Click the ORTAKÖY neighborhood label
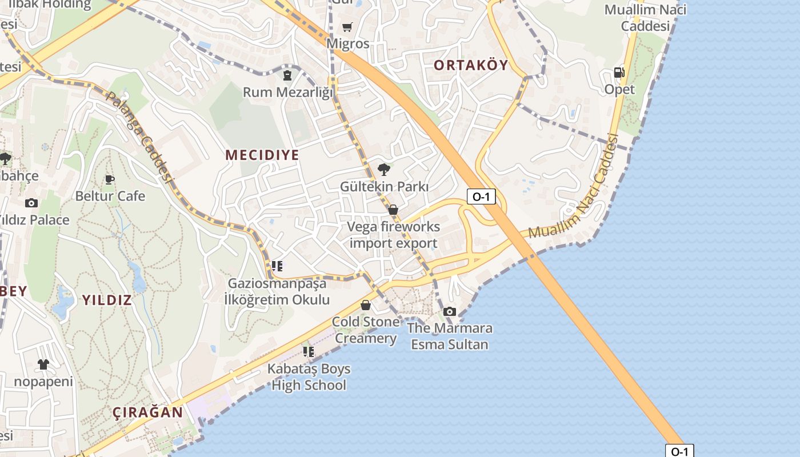click(471, 65)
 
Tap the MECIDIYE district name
click(262, 155)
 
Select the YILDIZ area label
click(107, 300)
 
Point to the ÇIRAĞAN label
click(147, 412)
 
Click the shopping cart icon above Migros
click(347, 27)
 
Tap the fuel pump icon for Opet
click(619, 73)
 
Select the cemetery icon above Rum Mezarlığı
click(287, 75)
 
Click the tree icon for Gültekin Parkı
click(384, 170)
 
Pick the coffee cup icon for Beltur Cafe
click(110, 179)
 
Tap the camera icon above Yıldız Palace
click(31, 203)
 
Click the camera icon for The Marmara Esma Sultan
click(450, 311)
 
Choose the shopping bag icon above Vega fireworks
click(393, 210)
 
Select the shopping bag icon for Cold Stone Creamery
click(366, 305)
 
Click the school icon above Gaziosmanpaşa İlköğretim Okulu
click(277, 266)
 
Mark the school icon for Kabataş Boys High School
click(309, 351)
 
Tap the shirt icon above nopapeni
click(43, 364)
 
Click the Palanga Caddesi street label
click(139, 137)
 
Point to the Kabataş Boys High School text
click(309, 377)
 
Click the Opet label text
click(619, 90)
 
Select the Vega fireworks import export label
click(394, 235)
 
